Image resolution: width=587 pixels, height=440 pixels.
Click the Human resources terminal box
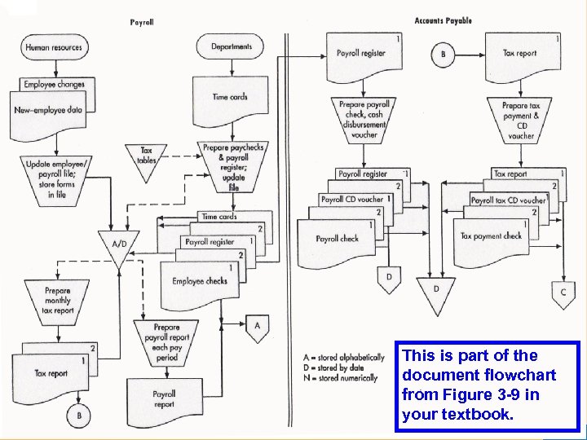coord(54,48)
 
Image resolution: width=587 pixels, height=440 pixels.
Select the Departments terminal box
coord(232,47)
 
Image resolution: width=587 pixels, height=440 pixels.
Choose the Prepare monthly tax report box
coord(58,300)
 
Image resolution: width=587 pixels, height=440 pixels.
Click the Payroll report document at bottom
coord(164,399)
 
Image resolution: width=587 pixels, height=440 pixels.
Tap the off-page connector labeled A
coord(258,328)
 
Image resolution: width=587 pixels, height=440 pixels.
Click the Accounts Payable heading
coord(443,20)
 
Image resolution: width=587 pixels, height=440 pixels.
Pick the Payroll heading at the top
coord(142,22)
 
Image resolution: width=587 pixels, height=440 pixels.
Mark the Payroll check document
coord(338,239)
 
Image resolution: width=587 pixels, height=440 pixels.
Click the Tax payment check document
coord(491,236)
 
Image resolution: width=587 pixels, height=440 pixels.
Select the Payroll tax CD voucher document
coord(508,200)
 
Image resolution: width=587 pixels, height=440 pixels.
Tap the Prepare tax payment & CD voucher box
coord(521,121)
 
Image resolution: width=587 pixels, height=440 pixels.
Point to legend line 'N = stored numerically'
coord(340,378)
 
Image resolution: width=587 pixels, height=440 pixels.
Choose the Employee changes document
coord(54,84)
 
